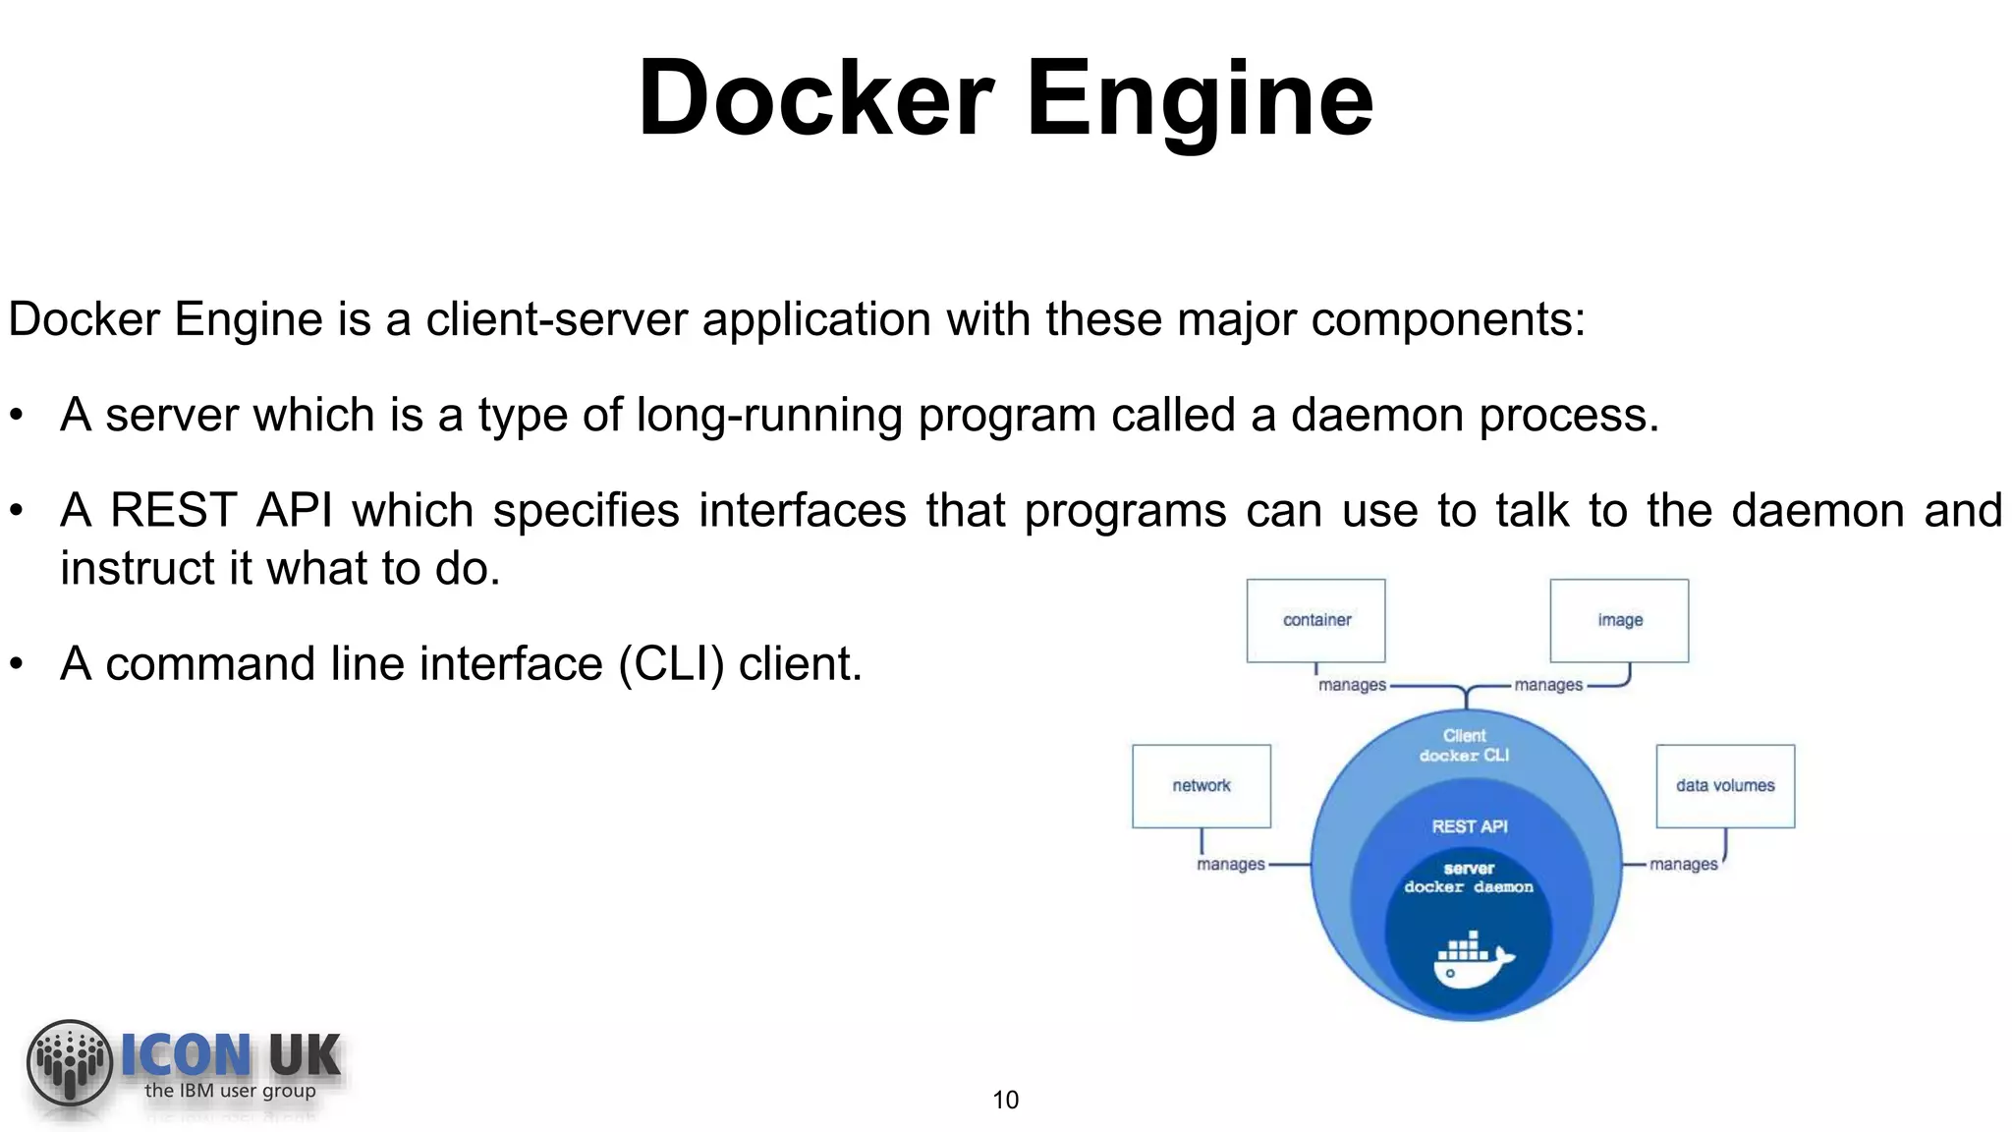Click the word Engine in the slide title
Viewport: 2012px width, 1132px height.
(1200, 99)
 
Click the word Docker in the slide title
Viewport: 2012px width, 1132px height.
(815, 99)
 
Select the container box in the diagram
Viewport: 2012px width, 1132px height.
(1315, 620)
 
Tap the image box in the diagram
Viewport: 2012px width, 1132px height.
(1619, 620)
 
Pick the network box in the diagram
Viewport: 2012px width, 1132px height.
(1201, 785)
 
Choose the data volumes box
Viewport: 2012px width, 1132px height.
(1725, 785)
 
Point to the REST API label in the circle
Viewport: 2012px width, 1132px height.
(1469, 826)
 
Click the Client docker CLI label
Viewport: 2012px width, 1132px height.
(1464, 745)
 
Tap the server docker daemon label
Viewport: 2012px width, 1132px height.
(1469, 877)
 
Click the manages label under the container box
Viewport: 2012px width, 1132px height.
(1352, 685)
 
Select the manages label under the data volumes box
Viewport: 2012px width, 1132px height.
(1683, 865)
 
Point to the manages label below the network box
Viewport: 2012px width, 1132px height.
(1230, 865)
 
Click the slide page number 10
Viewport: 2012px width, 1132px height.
(1005, 1100)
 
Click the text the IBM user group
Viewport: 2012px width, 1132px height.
(230, 1091)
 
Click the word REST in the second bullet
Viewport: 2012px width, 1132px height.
(173, 511)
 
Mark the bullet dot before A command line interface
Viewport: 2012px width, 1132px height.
(16, 664)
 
